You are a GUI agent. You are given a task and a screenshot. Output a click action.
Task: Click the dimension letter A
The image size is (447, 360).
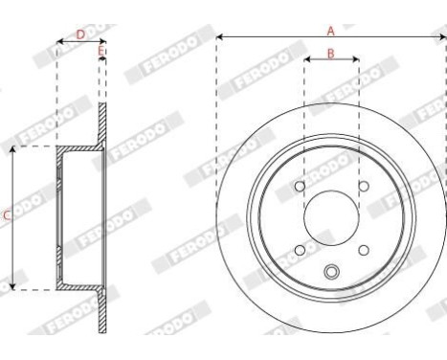tap(330, 30)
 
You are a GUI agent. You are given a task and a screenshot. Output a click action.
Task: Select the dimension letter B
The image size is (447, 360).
tap(330, 53)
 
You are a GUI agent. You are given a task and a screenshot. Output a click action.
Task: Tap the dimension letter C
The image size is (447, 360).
tap(6, 217)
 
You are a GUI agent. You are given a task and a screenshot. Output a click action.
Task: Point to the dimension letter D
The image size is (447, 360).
tap(79, 34)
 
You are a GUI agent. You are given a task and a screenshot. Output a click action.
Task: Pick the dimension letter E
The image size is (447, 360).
tap(101, 49)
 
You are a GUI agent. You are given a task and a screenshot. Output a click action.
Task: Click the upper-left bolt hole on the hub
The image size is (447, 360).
tap(300, 187)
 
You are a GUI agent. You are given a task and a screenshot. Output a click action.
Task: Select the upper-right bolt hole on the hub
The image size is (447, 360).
tap(363, 187)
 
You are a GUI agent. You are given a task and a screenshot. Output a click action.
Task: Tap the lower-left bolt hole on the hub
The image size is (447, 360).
tap(300, 250)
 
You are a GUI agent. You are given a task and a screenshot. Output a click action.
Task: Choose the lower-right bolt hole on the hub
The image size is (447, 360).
tap(363, 250)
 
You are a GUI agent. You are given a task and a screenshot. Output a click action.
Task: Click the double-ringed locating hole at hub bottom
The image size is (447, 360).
tap(331, 272)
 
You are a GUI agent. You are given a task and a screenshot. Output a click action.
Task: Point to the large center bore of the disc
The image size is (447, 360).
tap(331, 218)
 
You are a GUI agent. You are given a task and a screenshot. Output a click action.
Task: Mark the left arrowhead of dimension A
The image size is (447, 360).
tap(219, 37)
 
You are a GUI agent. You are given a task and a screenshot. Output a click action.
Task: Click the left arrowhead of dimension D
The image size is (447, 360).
tap(60, 42)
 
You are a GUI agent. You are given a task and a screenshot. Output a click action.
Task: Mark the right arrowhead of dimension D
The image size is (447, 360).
tap(101, 42)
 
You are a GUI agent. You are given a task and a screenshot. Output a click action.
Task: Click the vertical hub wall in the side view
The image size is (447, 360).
tap(59, 218)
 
